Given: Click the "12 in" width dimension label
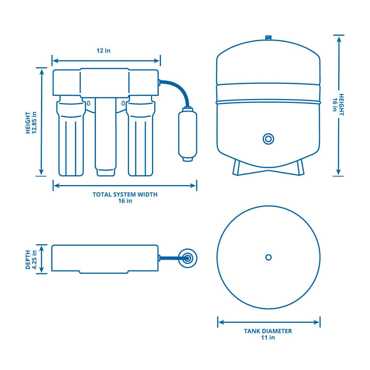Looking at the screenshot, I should (103, 51).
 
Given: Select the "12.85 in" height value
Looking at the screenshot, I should (34, 122).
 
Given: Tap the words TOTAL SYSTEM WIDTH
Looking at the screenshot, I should (125, 194).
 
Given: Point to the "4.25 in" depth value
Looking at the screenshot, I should (34, 259).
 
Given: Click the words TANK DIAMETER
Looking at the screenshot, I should (268, 331).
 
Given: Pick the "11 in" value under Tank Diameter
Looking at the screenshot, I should (268, 337).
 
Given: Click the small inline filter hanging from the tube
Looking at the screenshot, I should (187, 134).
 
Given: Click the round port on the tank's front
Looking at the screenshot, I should (268, 139).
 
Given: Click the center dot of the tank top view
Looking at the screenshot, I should (269, 257).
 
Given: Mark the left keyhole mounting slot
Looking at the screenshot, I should (88, 102).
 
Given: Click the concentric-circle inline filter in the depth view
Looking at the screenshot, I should (188, 258).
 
